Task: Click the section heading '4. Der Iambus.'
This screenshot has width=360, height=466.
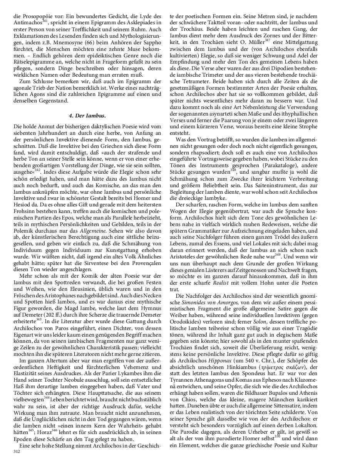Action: click(87, 115)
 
